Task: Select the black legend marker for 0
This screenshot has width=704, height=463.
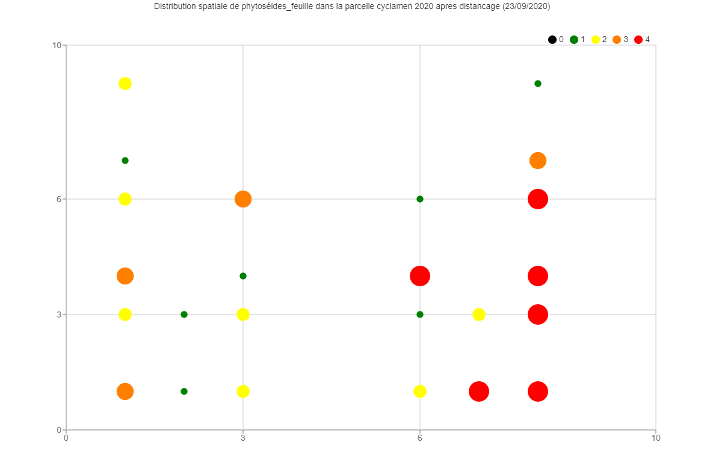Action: [552, 40]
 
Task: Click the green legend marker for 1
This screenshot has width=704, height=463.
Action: [574, 40]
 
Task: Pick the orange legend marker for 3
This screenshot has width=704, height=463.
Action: [617, 40]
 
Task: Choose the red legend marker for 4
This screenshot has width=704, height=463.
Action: [638, 40]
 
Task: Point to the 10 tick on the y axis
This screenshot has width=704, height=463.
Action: [57, 45]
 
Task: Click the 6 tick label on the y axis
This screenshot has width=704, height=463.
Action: [59, 199]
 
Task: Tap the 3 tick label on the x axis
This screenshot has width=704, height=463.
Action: [243, 438]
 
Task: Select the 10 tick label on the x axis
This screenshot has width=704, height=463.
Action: [656, 438]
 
